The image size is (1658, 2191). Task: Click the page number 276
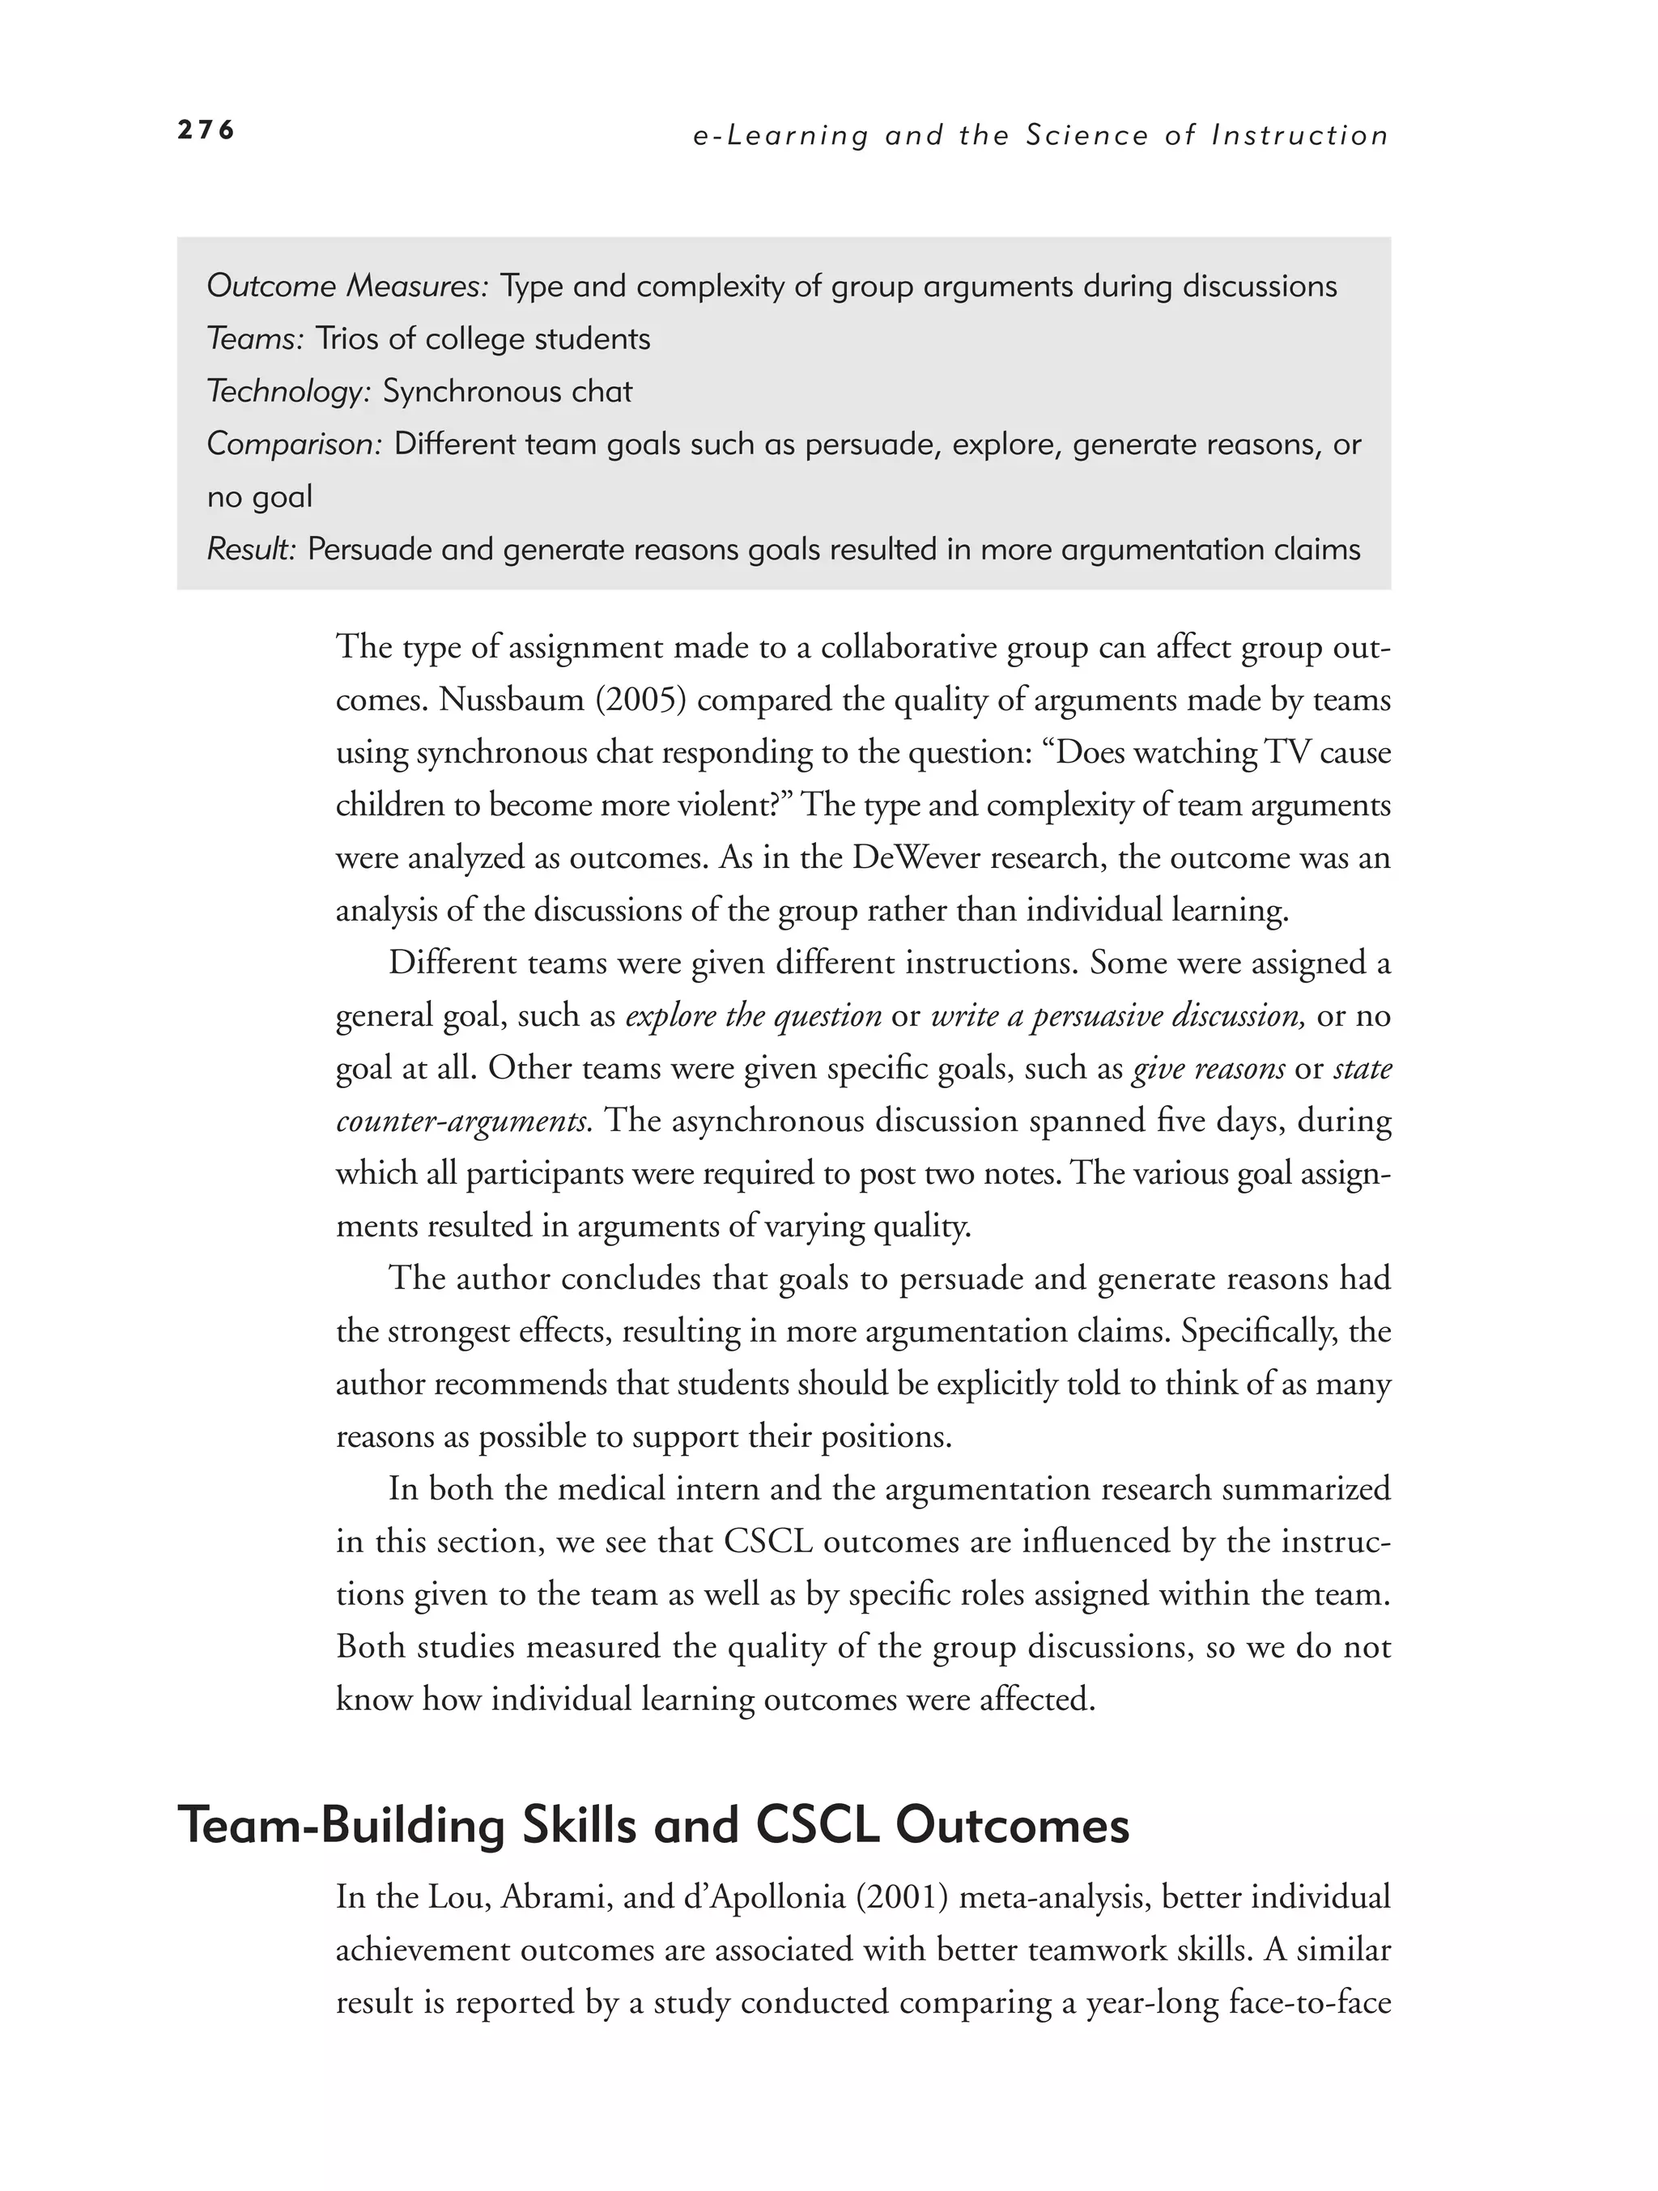click(206, 130)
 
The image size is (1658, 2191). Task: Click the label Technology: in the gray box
click(288, 391)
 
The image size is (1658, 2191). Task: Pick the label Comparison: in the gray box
click(294, 444)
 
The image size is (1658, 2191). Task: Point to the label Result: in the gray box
click(252, 549)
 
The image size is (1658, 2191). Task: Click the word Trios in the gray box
click(346, 338)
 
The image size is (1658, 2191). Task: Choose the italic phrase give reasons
click(1209, 1068)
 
